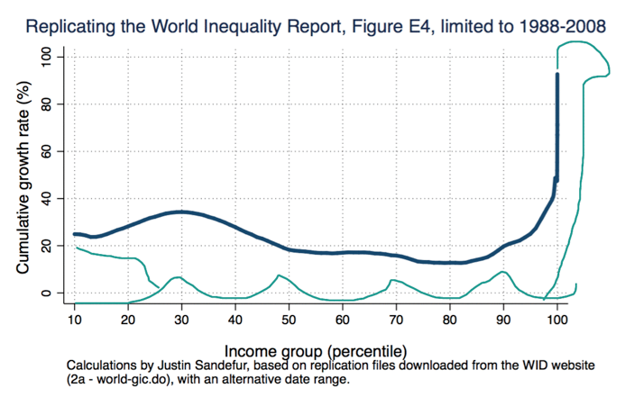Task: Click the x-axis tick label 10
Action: click(x=75, y=319)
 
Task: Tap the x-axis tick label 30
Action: click(x=182, y=319)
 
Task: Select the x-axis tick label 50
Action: click(x=290, y=319)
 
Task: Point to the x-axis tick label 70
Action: click(x=397, y=319)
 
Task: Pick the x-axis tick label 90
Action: click(x=504, y=319)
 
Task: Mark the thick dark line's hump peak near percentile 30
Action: click(x=182, y=212)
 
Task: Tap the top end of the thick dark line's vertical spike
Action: click(x=557, y=75)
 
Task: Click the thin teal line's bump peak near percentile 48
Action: click(x=279, y=275)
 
